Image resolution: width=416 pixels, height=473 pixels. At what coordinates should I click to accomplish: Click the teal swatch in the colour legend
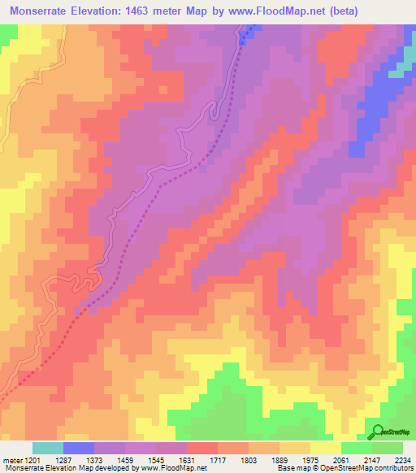[x=48, y=448]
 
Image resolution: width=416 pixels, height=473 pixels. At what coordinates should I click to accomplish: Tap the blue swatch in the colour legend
[x=79, y=448]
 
